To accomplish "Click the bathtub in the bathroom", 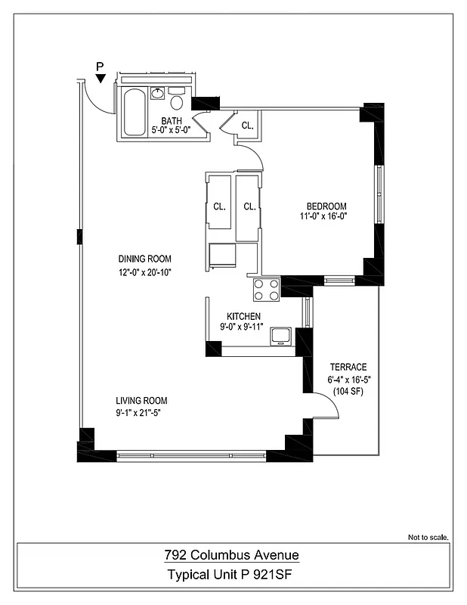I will tap(134, 112).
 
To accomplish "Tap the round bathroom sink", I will tap(158, 94).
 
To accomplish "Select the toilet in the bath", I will tap(178, 101).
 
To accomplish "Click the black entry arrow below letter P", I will tap(101, 78).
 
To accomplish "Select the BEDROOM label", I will tap(326, 206).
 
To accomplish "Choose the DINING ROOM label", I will tap(144, 259).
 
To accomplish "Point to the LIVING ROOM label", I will tap(141, 401).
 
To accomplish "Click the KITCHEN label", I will tap(244, 316).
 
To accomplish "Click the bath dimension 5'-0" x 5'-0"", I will tap(171, 129).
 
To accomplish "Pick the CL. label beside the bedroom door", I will tap(248, 126).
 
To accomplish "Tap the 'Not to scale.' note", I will tap(428, 538).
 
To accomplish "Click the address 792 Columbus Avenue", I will tap(232, 556).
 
